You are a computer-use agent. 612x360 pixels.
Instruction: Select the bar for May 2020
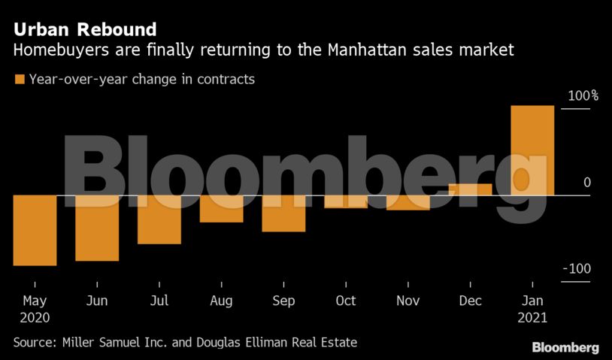point(35,230)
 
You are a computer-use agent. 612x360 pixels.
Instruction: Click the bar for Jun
point(97,228)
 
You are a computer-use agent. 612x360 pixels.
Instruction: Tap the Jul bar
point(159,219)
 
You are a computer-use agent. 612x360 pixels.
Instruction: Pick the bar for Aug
point(221,209)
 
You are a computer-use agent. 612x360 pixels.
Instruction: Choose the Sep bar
point(283,213)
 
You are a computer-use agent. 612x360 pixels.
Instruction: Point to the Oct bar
point(346,201)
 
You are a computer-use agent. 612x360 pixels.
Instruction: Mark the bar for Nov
point(407,203)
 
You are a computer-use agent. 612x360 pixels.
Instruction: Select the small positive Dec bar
point(470,189)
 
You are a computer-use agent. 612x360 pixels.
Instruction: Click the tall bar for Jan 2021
point(532,150)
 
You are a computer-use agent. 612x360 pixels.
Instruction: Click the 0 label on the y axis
point(586,183)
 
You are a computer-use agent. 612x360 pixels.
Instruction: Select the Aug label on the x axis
point(221,301)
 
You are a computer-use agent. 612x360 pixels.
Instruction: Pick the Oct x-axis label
point(346,301)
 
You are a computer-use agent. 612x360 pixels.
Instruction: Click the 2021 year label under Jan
point(532,318)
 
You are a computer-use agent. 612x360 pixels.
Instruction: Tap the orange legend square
point(19,79)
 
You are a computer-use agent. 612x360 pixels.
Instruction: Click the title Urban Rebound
point(85,30)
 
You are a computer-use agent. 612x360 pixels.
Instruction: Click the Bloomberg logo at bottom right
point(565,348)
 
